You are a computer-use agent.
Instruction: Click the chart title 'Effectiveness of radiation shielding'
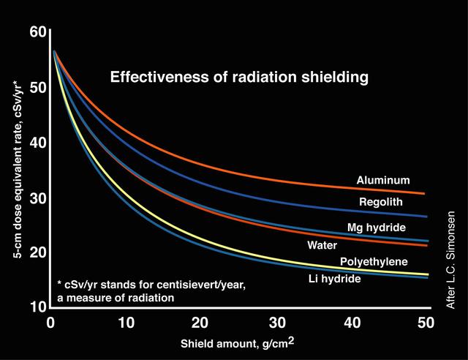coord(238,76)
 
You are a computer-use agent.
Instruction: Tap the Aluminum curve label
coord(382,180)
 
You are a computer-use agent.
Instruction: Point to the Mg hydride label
coord(376,228)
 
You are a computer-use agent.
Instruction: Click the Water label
coord(322,245)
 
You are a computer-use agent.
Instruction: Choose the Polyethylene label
coord(374,261)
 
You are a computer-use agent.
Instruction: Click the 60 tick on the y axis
coord(38,32)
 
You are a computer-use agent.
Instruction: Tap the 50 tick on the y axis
coord(38,87)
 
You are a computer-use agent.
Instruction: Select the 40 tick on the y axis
coord(38,142)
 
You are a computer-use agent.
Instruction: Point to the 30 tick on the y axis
coord(38,198)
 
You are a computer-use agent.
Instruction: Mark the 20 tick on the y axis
coord(38,252)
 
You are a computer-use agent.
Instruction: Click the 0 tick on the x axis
coord(50,323)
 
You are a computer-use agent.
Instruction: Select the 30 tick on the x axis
coord(276,323)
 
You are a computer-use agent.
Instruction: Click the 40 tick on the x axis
coord(351,323)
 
